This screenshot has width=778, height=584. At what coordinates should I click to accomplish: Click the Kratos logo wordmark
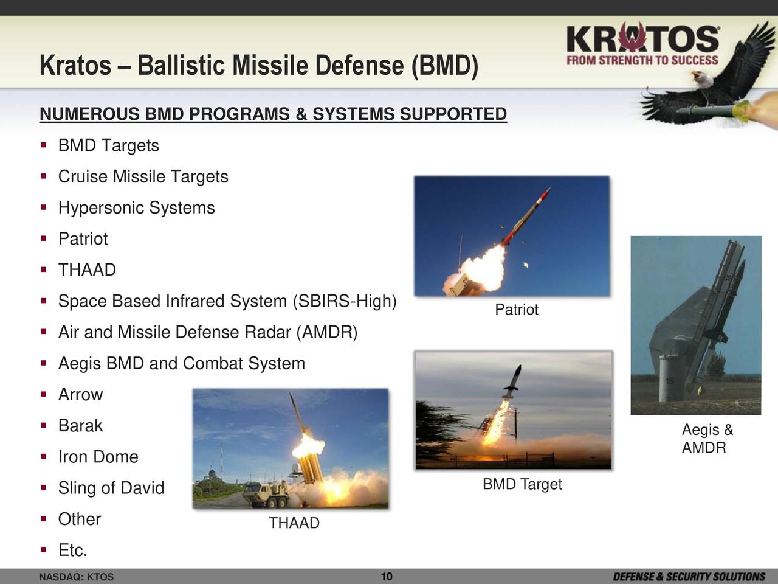pyautogui.click(x=642, y=38)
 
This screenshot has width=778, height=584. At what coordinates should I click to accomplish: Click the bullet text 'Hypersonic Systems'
pyautogui.click(x=137, y=208)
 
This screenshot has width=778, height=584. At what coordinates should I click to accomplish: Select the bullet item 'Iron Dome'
pyautogui.click(x=98, y=457)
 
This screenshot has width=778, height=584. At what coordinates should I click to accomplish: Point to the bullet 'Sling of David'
pyautogui.click(x=111, y=488)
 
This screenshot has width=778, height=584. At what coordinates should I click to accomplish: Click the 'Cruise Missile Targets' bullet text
pyautogui.click(x=143, y=176)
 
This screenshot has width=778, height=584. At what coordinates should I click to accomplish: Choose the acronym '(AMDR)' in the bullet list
pyautogui.click(x=327, y=333)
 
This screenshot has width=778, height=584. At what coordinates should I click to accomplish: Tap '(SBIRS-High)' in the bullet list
pyautogui.click(x=345, y=301)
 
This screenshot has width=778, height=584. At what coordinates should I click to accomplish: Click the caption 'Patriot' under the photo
pyautogui.click(x=517, y=310)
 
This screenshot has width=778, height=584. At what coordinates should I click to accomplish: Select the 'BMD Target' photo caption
pyautogui.click(x=522, y=484)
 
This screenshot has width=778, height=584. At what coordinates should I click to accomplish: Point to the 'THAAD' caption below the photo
pyautogui.click(x=294, y=523)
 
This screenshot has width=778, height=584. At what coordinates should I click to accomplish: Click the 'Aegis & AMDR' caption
pyautogui.click(x=707, y=439)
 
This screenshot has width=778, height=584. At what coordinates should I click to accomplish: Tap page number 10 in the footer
pyautogui.click(x=387, y=576)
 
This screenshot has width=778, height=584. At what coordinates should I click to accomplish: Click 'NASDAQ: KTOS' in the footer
pyautogui.click(x=76, y=577)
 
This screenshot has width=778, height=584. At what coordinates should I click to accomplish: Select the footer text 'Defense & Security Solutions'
pyautogui.click(x=689, y=577)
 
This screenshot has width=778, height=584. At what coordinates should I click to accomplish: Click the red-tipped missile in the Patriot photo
pyautogui.click(x=526, y=217)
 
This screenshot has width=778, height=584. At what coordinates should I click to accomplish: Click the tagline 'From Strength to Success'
pyautogui.click(x=642, y=60)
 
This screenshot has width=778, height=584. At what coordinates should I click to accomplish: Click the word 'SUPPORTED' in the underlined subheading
pyautogui.click(x=453, y=114)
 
